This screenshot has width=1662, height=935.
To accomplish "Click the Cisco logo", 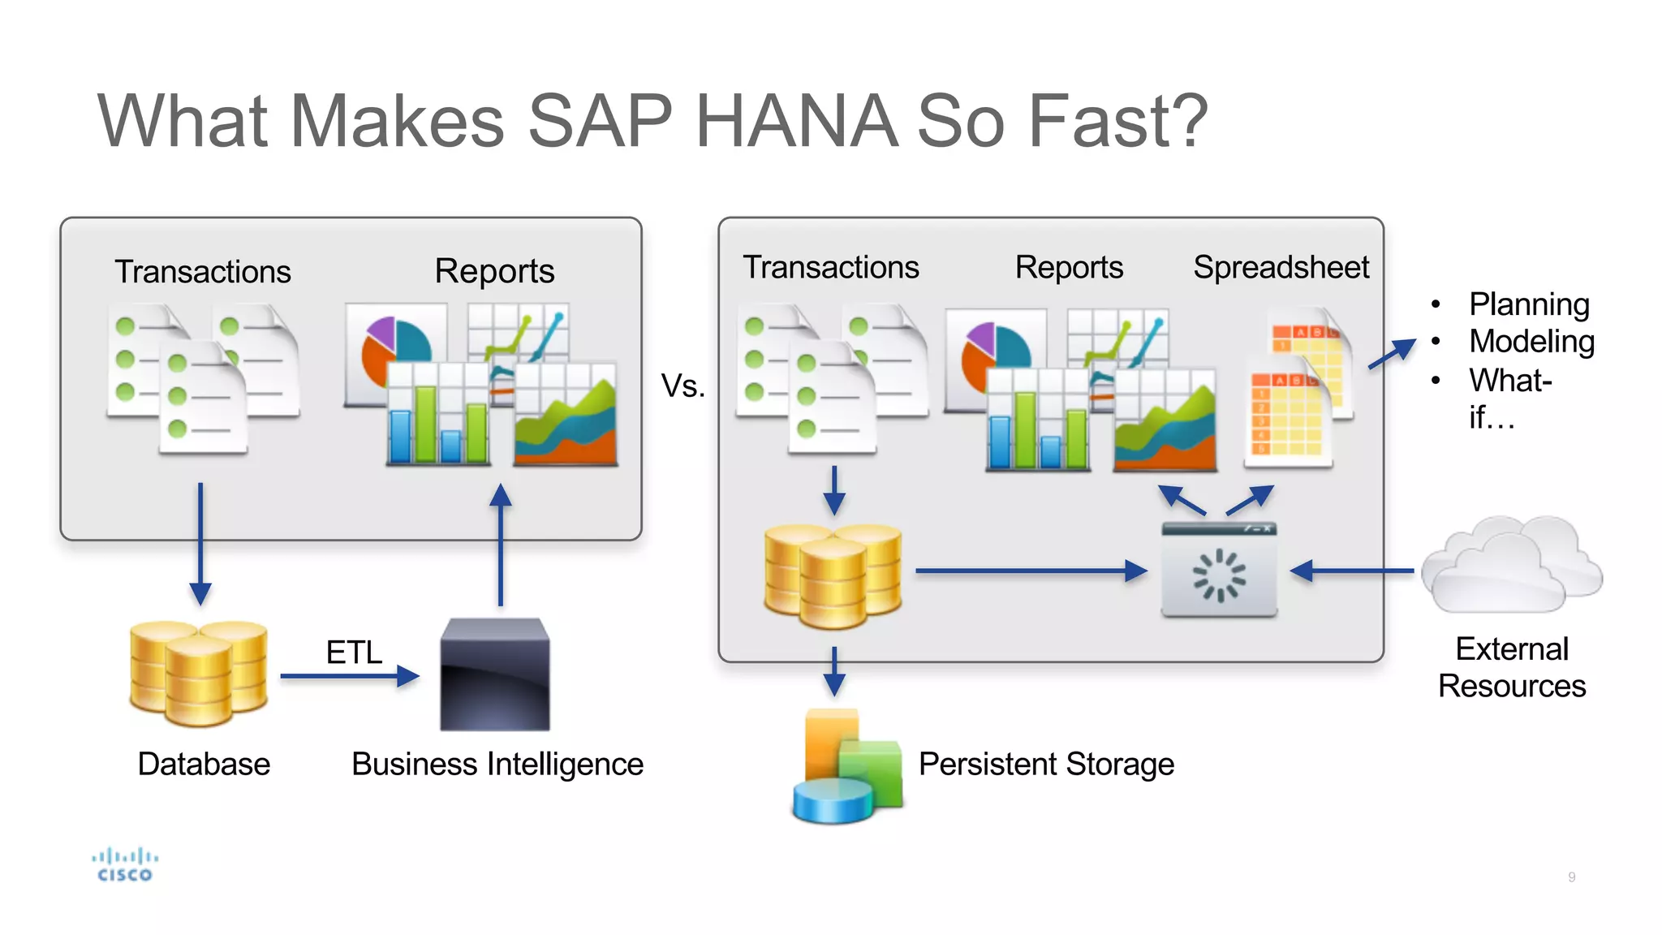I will click(124, 864).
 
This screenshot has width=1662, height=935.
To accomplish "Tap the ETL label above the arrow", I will click(354, 653).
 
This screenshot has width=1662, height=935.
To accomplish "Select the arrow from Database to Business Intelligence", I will click(350, 676).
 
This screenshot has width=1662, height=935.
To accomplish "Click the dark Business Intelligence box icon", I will click(495, 674).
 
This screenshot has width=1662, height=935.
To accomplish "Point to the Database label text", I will click(204, 764).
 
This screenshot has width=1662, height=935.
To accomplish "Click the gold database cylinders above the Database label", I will click(199, 673).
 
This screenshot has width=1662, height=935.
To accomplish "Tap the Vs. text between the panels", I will click(682, 386).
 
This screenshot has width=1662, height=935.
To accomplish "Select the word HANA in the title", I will click(796, 122).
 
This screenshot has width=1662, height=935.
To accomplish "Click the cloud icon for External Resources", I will click(1512, 565).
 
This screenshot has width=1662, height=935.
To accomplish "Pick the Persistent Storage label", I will click(1046, 764).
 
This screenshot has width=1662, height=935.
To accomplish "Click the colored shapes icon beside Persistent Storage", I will click(847, 765).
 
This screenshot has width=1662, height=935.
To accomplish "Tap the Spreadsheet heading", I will click(1281, 267).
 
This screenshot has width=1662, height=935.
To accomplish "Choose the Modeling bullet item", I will click(1531, 342).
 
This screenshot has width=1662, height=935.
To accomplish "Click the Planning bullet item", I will click(1529, 304).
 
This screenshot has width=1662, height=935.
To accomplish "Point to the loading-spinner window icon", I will click(1219, 570).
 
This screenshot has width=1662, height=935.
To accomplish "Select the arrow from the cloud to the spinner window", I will click(1351, 571).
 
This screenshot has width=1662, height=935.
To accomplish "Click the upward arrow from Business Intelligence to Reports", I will click(501, 544).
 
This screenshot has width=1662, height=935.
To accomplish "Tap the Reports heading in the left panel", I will click(494, 271).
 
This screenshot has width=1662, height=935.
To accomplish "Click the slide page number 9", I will click(1572, 877).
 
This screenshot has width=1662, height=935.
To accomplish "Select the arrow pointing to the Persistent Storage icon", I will click(834, 670).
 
